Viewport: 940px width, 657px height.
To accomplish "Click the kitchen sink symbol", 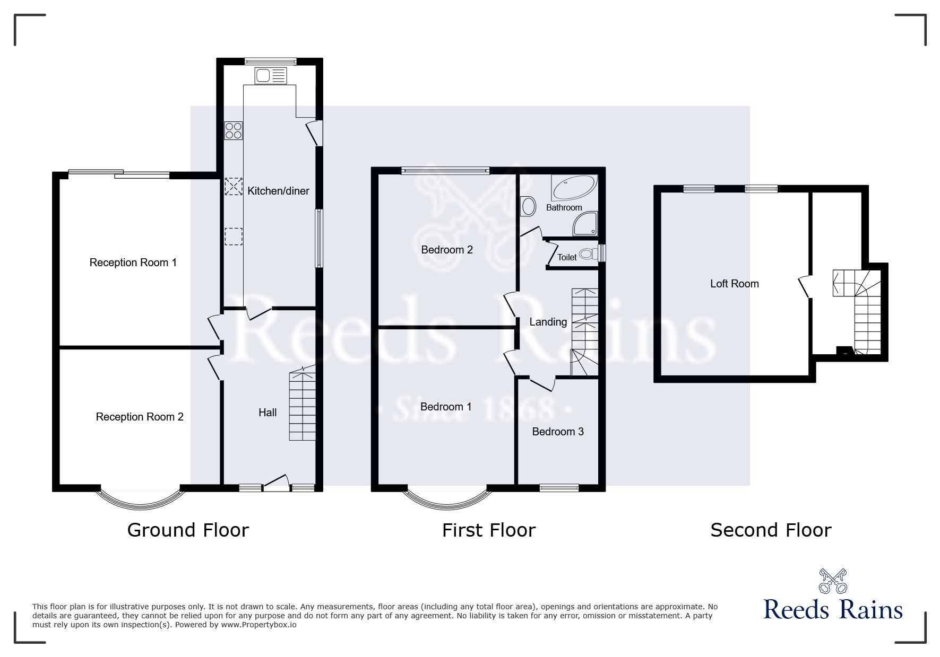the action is (271, 76).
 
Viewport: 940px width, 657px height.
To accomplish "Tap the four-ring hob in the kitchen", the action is (234, 130).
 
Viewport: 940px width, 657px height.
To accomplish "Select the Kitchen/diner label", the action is (278, 191).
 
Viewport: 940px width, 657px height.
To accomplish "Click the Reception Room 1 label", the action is (133, 262).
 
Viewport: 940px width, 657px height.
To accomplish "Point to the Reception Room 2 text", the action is (140, 417).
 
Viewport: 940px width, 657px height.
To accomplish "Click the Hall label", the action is (268, 413).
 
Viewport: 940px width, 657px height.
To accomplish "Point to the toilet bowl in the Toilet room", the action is (586, 254).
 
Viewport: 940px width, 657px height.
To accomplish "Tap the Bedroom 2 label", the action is (447, 250).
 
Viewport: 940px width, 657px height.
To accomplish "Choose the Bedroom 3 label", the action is (558, 432).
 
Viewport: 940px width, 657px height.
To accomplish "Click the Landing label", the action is (548, 322).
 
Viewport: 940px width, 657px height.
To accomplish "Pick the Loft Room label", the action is (735, 284).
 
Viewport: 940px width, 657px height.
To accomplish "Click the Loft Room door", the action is (805, 286).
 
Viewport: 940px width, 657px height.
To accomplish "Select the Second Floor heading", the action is (771, 530).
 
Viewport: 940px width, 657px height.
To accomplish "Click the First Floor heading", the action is (489, 530).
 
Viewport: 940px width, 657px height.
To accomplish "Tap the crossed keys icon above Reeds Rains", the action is (833, 581).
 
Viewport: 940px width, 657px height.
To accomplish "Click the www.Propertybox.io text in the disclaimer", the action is (258, 625).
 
